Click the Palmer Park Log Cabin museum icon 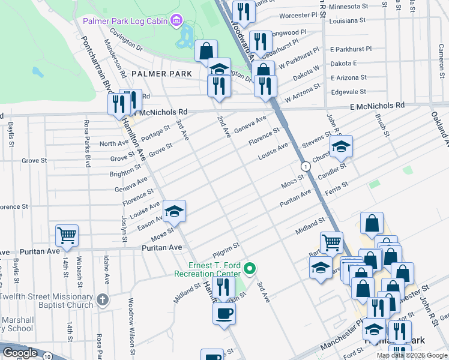click(176, 22)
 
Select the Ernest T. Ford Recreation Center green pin click(252, 268)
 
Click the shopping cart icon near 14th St click(67, 236)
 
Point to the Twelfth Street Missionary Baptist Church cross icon click(103, 299)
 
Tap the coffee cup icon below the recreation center click(224, 313)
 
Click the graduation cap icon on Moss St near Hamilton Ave click(174, 211)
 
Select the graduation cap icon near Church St click(341, 146)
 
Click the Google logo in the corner click(20, 353)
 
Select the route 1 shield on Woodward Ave click(306, 166)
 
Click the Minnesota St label click(348, 7)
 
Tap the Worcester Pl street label click(298, 15)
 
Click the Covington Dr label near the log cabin click(126, 37)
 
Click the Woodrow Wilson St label click(130, 322)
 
